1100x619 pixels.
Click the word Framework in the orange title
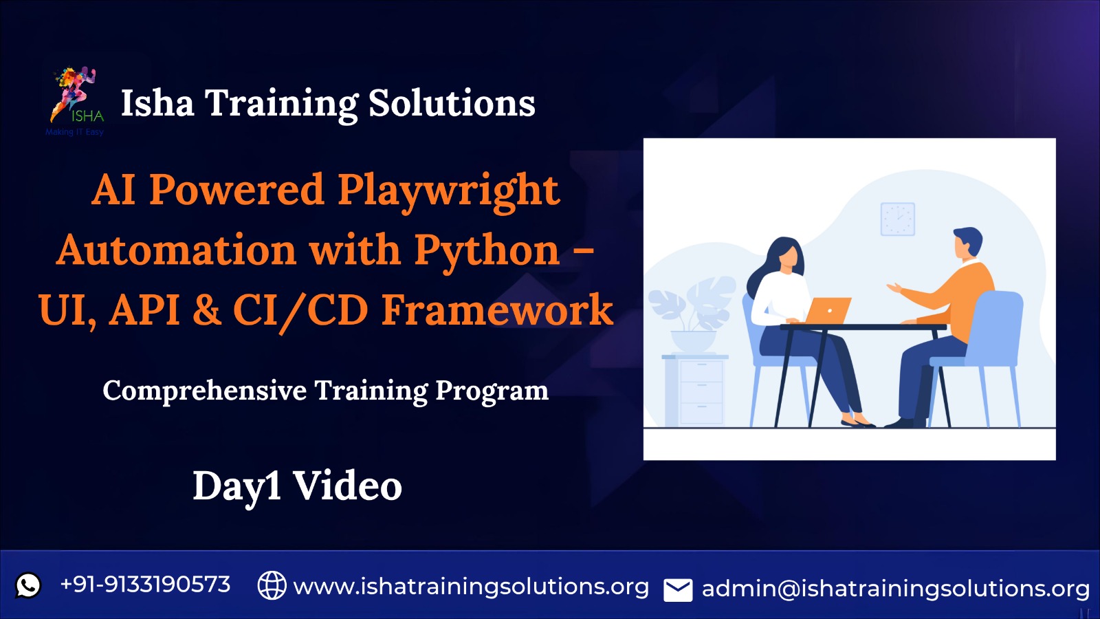point(497,310)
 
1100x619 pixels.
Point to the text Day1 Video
point(297,486)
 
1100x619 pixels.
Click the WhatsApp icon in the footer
point(28,585)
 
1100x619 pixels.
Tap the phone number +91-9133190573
point(145,585)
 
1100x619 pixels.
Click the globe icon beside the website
point(272,585)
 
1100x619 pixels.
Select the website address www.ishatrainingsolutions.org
point(471,587)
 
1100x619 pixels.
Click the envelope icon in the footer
point(678,590)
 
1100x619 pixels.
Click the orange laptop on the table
point(828,310)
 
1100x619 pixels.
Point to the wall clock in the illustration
point(898,219)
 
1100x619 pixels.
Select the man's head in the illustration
point(967,243)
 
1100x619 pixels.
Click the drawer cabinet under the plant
point(695,390)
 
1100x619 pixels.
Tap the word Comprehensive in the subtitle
point(205,391)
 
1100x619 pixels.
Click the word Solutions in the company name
point(452,104)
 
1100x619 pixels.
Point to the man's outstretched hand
point(894,288)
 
